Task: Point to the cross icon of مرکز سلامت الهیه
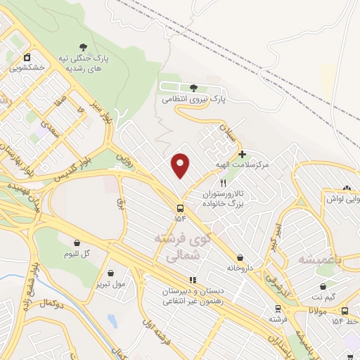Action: (242, 154)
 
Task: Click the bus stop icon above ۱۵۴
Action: (181, 208)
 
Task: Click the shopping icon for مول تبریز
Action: (111, 273)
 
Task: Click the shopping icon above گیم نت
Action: (323, 287)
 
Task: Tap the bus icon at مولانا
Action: (345, 311)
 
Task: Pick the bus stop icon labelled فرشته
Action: (278, 309)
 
